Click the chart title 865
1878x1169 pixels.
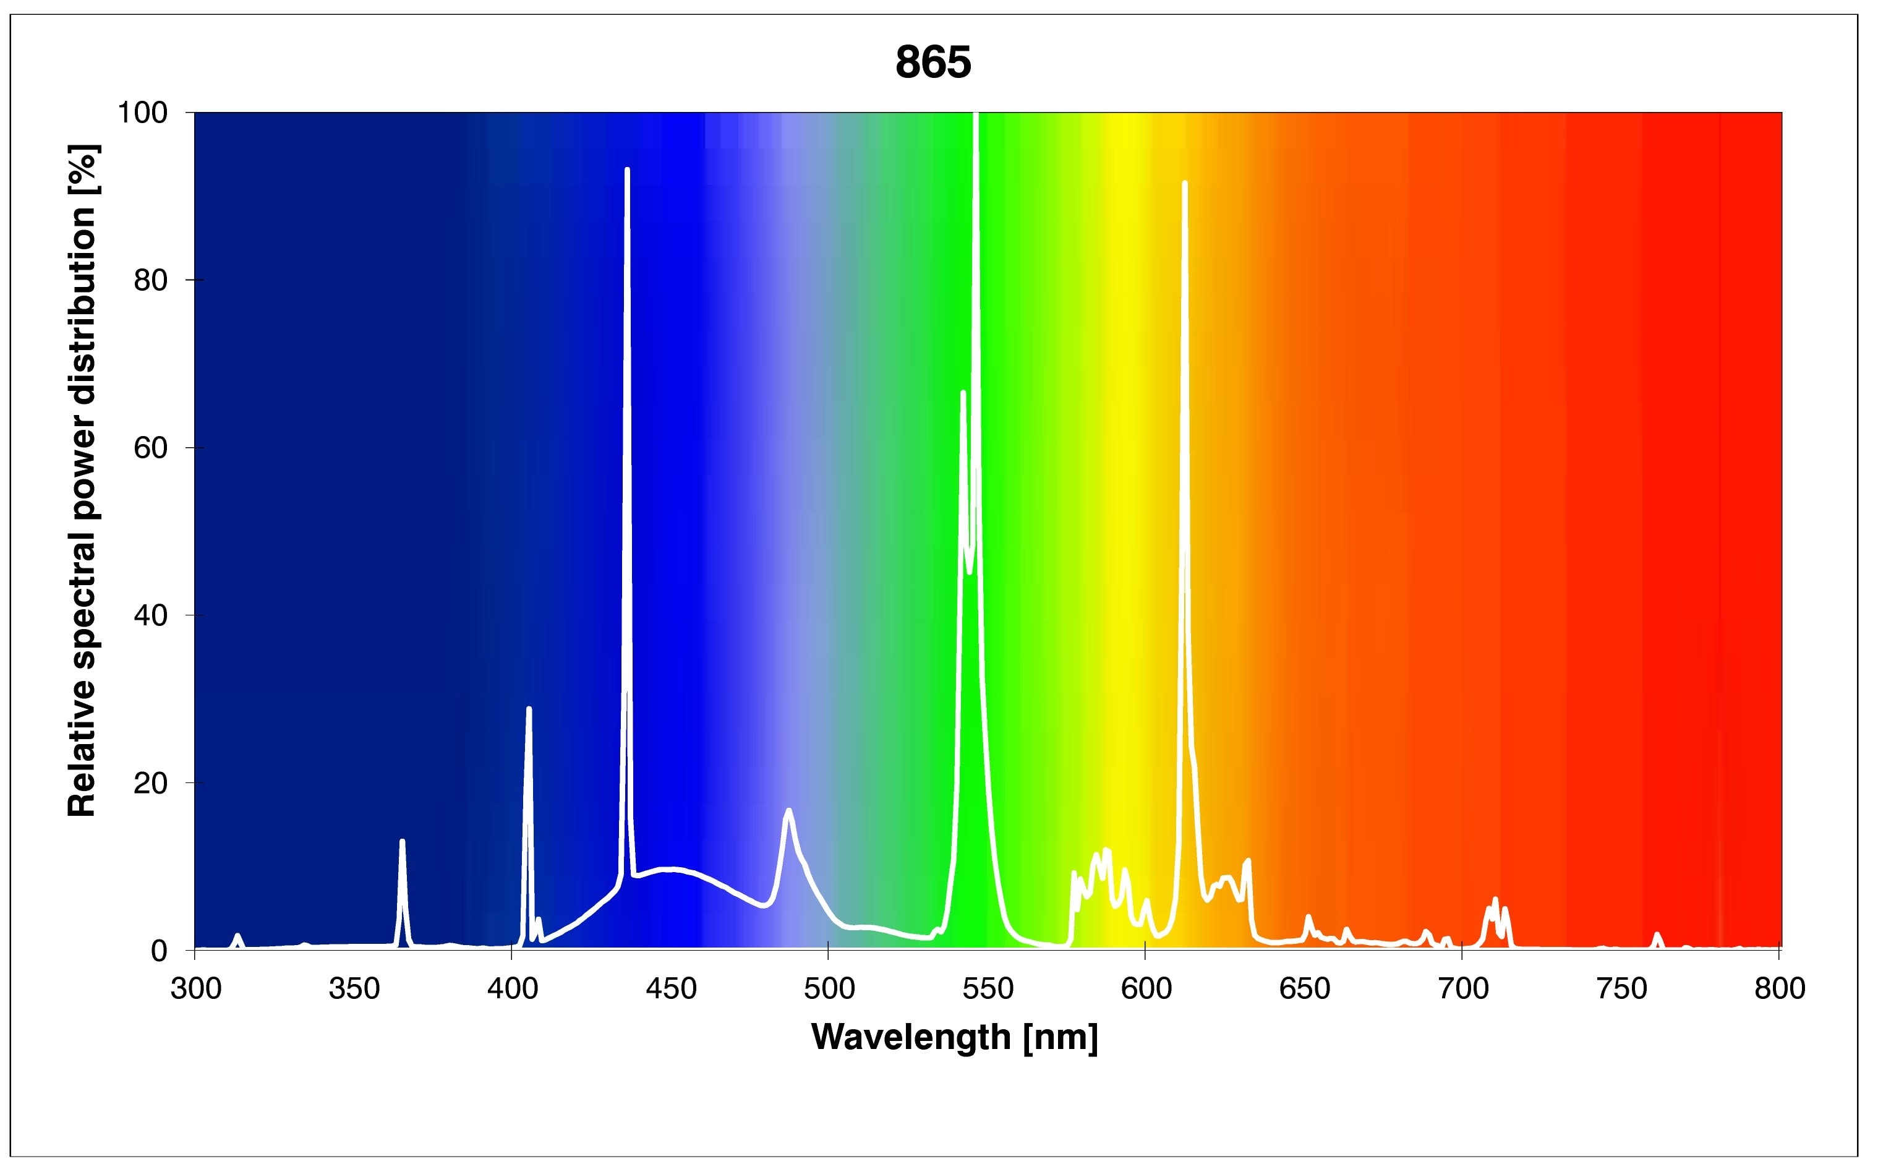point(933,62)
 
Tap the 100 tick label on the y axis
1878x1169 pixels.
point(142,113)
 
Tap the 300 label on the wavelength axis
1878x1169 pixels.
point(195,989)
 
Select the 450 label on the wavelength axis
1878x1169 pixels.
point(671,989)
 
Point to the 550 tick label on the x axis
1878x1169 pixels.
point(988,989)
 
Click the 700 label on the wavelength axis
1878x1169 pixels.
point(1463,989)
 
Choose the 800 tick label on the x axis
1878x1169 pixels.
point(1780,989)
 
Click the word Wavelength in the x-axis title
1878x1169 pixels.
point(910,1038)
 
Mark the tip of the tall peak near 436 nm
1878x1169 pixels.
point(627,169)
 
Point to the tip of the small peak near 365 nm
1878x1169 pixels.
point(402,841)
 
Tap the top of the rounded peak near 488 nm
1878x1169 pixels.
point(788,810)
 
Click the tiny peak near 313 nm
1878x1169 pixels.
point(237,936)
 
